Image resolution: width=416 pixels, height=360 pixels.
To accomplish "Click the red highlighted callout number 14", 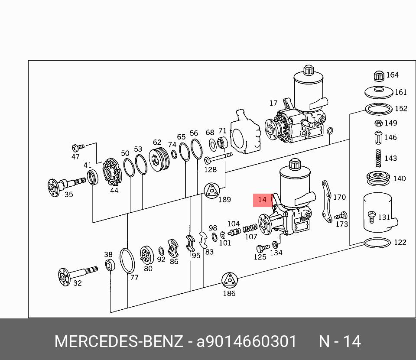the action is [262, 200].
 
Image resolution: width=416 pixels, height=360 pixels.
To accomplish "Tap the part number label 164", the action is [392, 75].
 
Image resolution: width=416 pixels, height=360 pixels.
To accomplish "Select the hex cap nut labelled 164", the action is [379, 76].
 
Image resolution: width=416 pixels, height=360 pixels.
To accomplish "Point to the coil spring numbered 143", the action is [378, 158].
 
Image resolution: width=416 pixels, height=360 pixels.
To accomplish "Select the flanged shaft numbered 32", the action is [74, 275].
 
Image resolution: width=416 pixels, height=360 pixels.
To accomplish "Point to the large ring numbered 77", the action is [127, 261].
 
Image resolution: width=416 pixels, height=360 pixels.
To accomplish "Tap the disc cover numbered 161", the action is [379, 92].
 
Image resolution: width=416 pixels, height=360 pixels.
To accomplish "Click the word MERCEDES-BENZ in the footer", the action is [118, 341].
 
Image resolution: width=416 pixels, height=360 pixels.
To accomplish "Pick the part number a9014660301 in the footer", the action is [247, 341].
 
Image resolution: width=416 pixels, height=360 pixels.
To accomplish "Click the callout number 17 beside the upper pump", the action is [273, 103].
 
